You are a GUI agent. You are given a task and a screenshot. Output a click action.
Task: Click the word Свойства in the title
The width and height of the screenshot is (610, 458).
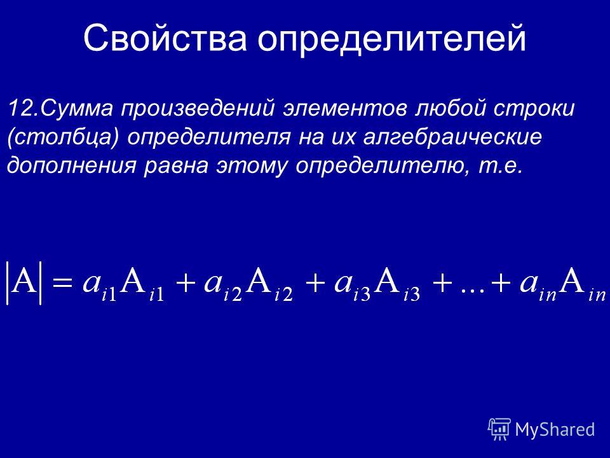[165, 38]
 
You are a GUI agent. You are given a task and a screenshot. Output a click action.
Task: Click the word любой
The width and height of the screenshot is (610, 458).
[451, 108]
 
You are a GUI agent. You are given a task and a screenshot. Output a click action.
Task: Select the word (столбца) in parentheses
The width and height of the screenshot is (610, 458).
[62, 138]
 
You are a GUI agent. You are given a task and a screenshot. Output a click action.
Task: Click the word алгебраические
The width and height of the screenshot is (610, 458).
[452, 138]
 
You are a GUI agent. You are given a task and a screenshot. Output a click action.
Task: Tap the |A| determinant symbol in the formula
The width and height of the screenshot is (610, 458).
[24, 283]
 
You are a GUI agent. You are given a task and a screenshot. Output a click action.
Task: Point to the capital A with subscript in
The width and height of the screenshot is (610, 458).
[583, 285]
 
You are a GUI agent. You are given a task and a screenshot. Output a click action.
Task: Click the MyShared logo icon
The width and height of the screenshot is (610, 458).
[499, 429]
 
